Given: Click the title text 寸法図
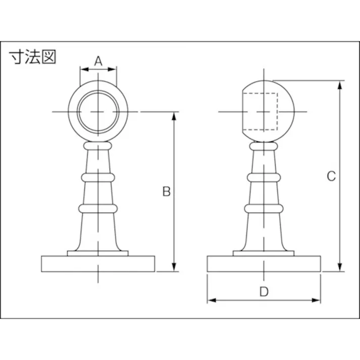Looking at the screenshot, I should (33, 57).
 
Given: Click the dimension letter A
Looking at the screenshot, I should (98, 61).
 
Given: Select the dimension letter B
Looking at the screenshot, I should (166, 191).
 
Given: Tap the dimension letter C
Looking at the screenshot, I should (331, 176).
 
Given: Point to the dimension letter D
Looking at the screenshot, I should (263, 291).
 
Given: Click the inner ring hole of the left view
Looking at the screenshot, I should (98, 112).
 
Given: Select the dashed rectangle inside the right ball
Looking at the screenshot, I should (261, 112).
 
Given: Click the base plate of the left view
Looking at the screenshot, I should (98, 264).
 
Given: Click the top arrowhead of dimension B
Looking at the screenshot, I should (175, 116).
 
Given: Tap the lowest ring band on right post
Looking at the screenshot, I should (264, 208).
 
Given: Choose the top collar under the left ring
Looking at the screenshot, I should (98, 145).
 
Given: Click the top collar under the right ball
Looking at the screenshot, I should (264, 145).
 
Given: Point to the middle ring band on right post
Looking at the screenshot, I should (264, 177).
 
